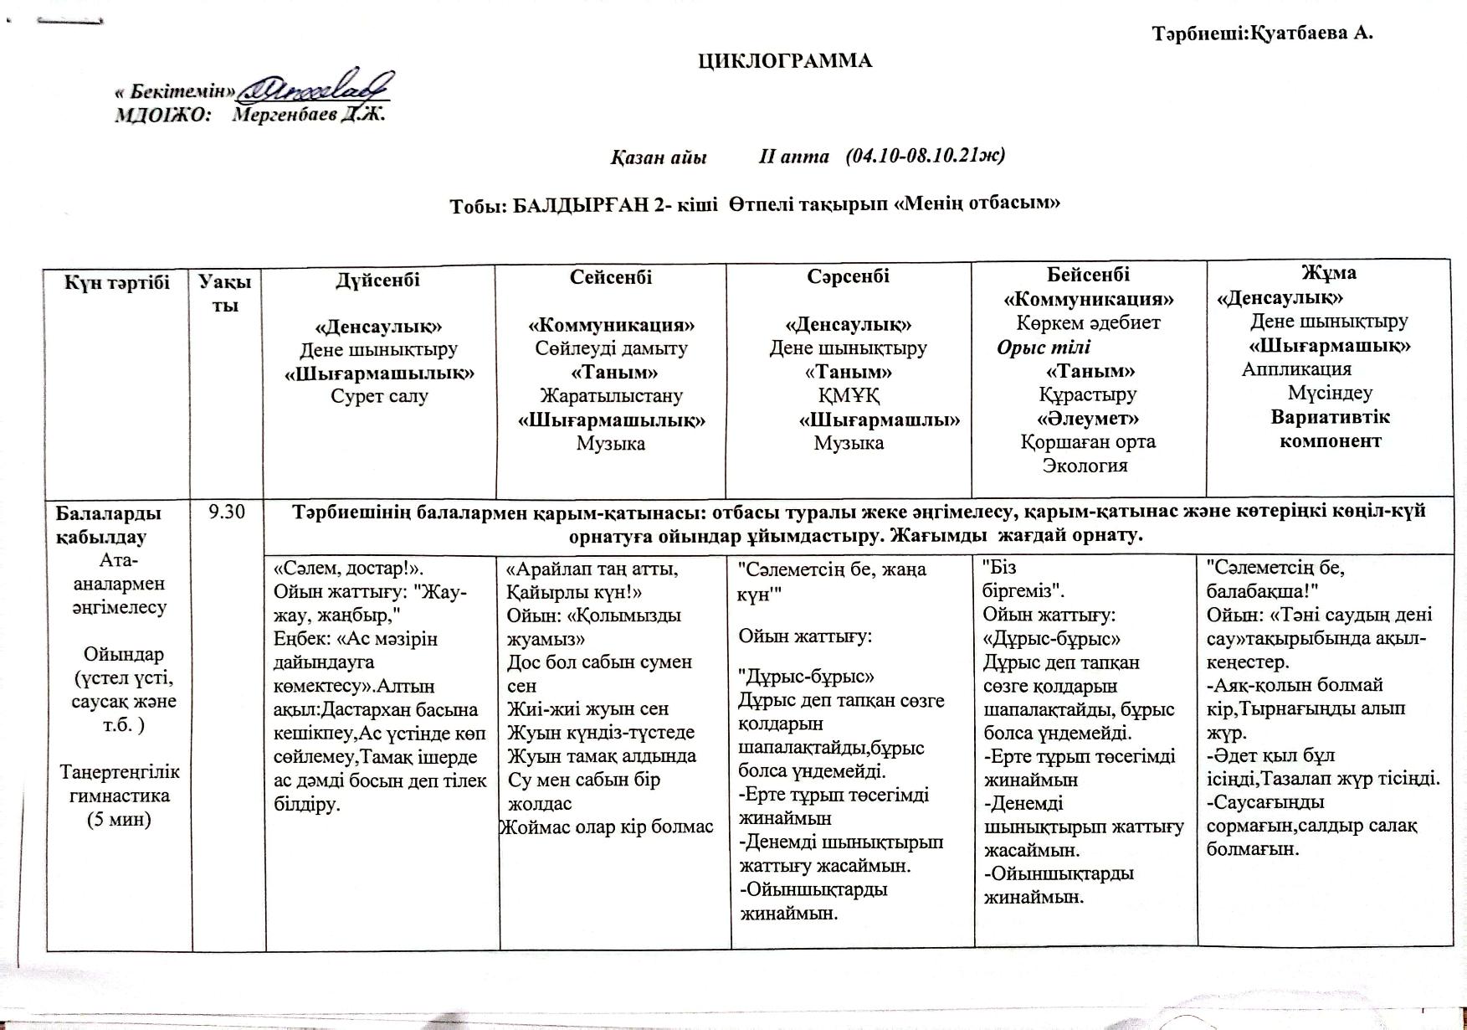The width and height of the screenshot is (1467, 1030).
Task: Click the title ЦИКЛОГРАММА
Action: pyautogui.click(x=786, y=61)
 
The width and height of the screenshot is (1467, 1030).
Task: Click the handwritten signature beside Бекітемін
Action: pyautogui.click(x=315, y=86)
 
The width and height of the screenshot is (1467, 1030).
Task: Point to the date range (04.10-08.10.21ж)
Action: pyautogui.click(x=925, y=156)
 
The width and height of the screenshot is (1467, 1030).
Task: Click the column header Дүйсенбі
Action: pyautogui.click(x=378, y=280)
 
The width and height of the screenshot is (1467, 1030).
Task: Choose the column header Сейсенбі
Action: pyautogui.click(x=611, y=277)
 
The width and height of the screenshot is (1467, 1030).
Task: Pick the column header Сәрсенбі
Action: pyautogui.click(x=848, y=276)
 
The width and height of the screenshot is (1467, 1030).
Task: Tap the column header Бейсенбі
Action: pyautogui.click(x=1088, y=275)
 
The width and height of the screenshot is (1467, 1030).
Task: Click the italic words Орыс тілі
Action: pyautogui.click(x=1044, y=347)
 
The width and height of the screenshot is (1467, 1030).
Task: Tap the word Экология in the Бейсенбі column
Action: pyautogui.click(x=1085, y=466)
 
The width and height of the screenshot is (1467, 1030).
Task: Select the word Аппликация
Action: pyautogui.click(x=1296, y=369)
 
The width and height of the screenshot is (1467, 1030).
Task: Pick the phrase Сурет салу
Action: pyautogui.click(x=379, y=396)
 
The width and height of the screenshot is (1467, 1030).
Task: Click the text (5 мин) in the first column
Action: pyautogui.click(x=120, y=819)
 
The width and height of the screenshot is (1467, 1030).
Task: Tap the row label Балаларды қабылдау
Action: pyautogui.click(x=108, y=524)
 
